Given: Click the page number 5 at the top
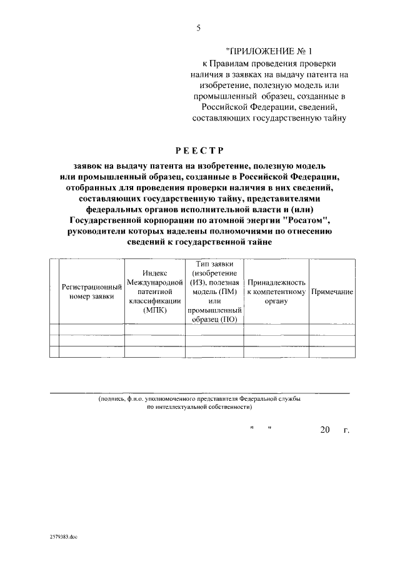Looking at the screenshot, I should tap(199, 28).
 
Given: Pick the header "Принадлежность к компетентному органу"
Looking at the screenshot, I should tap(276, 292).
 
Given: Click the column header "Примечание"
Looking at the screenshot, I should tap(332, 292).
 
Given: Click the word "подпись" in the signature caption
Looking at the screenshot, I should tap(112, 399).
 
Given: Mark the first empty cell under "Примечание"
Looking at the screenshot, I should tap(332, 330).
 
